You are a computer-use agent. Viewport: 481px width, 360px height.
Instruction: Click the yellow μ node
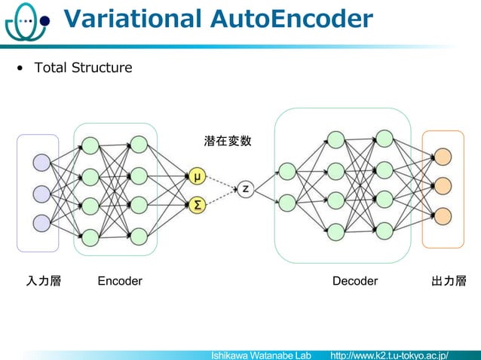tap(197, 177)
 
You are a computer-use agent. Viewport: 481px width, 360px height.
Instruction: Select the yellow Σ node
tap(197, 204)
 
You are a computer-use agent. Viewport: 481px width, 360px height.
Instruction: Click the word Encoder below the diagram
tap(120, 281)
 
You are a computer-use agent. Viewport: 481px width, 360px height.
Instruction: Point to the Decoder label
tap(355, 281)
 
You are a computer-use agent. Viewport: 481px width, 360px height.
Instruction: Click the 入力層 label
tap(44, 281)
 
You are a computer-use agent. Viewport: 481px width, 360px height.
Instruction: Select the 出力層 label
tap(449, 281)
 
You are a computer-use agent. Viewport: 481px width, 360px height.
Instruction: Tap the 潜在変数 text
tap(227, 141)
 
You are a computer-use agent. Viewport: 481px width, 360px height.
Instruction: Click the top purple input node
tap(41, 163)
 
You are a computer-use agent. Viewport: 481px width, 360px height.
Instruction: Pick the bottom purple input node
tap(41, 224)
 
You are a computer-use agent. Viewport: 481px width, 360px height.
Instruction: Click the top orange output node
tap(443, 157)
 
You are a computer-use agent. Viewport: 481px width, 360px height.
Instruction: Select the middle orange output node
tap(443, 185)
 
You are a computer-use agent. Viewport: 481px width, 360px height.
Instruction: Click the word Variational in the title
tap(133, 20)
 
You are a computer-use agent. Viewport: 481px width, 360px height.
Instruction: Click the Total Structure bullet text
tap(82, 68)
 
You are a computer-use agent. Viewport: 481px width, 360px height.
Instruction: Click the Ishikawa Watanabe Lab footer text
tap(261, 354)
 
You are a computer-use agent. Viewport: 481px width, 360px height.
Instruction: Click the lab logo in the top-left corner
tap(25, 23)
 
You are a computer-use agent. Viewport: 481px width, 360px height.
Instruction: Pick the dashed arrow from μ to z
tap(220, 183)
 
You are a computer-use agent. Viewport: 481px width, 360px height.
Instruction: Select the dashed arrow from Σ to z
tap(220, 197)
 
